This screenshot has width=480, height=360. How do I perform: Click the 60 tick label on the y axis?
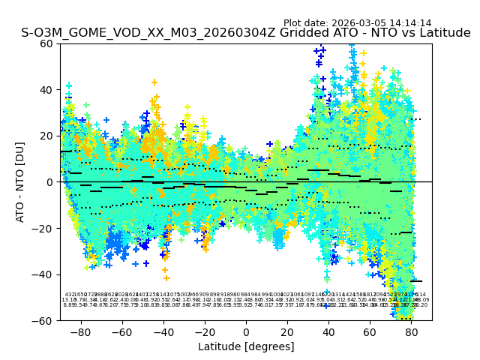[47, 43]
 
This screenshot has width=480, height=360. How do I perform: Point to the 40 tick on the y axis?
[47, 90]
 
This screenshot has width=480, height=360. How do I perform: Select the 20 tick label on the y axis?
[47, 136]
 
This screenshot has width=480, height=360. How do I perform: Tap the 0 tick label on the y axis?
[50, 182]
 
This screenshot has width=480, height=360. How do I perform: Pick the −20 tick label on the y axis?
[44, 228]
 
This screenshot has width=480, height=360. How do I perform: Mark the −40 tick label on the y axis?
[44, 274]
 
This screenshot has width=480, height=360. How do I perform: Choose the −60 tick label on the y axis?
[44, 320]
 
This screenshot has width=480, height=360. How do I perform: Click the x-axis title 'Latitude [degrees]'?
[246, 346]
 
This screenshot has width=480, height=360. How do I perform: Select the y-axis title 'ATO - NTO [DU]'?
[21, 182]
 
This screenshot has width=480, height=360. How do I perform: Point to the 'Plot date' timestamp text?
[357, 23]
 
